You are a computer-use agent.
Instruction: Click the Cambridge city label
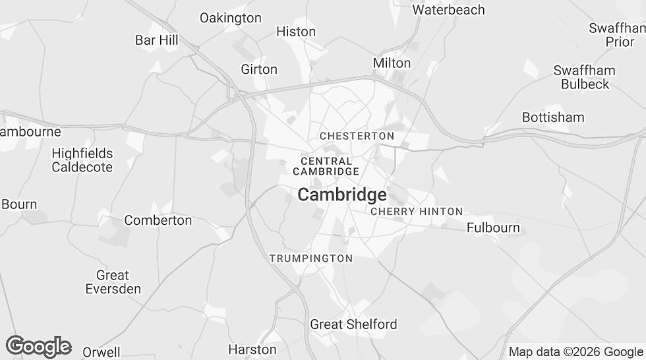point(342,195)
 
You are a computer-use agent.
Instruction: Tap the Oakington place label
point(231,18)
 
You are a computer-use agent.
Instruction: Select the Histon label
point(296,32)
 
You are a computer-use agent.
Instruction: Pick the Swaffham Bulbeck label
point(584,77)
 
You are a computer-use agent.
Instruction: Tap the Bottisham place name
point(553,117)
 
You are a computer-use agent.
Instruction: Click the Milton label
point(392,63)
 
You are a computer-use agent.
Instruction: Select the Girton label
point(259,69)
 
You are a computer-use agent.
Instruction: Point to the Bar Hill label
point(157,40)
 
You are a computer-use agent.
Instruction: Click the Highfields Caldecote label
point(82,160)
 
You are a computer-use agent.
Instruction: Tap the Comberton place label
point(158,220)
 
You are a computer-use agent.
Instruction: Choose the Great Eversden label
point(113,282)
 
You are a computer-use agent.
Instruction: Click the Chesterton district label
point(357,136)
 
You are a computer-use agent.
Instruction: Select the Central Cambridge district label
point(326,166)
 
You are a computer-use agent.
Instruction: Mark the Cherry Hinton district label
point(417,212)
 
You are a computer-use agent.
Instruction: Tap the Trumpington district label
point(311,258)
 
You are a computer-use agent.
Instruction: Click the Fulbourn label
point(493,228)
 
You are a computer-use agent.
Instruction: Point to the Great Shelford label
point(354,324)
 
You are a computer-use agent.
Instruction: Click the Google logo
point(38,346)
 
